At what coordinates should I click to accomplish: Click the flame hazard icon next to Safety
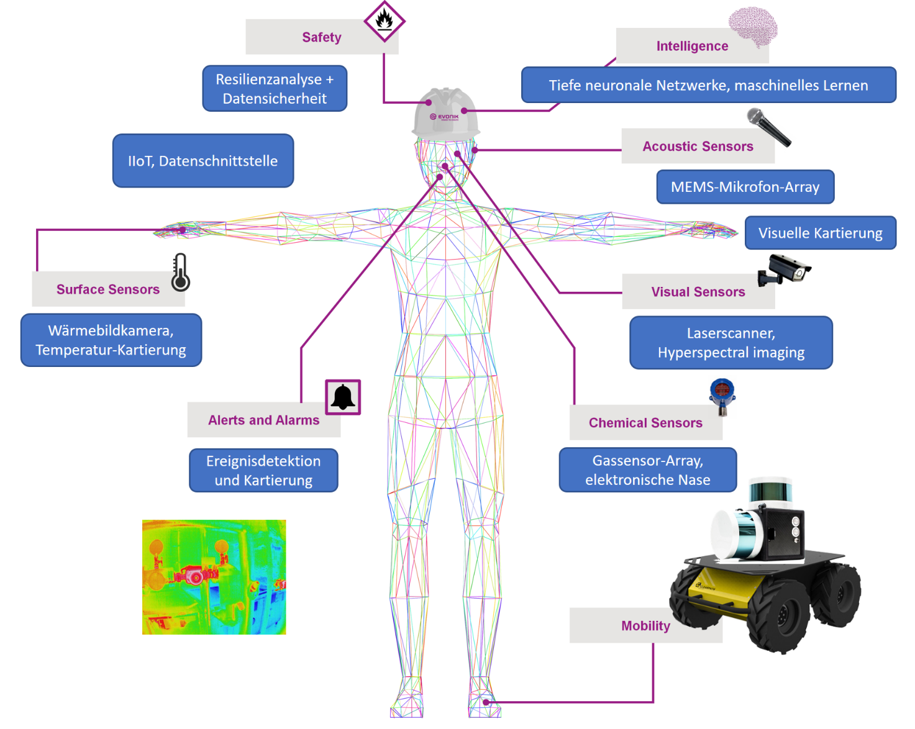point(384,21)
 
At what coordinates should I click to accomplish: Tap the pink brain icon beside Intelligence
point(753,27)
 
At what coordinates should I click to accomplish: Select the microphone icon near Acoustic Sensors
point(768,127)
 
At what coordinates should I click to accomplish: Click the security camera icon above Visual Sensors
point(784,269)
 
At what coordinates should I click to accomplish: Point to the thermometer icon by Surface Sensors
point(180,273)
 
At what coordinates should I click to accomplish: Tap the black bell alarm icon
point(343,397)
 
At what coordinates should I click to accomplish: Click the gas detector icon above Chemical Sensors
point(722,396)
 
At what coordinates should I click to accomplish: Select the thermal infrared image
point(214,577)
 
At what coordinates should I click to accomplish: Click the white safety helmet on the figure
point(445,113)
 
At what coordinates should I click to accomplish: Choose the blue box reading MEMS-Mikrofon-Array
point(745,187)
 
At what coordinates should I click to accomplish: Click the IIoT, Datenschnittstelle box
point(203,161)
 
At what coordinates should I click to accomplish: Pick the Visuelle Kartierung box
point(820,233)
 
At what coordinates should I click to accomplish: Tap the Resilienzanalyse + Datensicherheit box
point(275,89)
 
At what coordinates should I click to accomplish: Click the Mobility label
point(645,625)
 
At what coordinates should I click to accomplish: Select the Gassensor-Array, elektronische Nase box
point(647,470)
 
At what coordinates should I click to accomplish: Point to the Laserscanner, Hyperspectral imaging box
point(731,343)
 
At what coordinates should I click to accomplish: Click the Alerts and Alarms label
point(263,420)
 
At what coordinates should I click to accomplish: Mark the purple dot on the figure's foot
point(486,702)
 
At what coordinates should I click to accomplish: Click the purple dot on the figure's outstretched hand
point(183,230)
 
